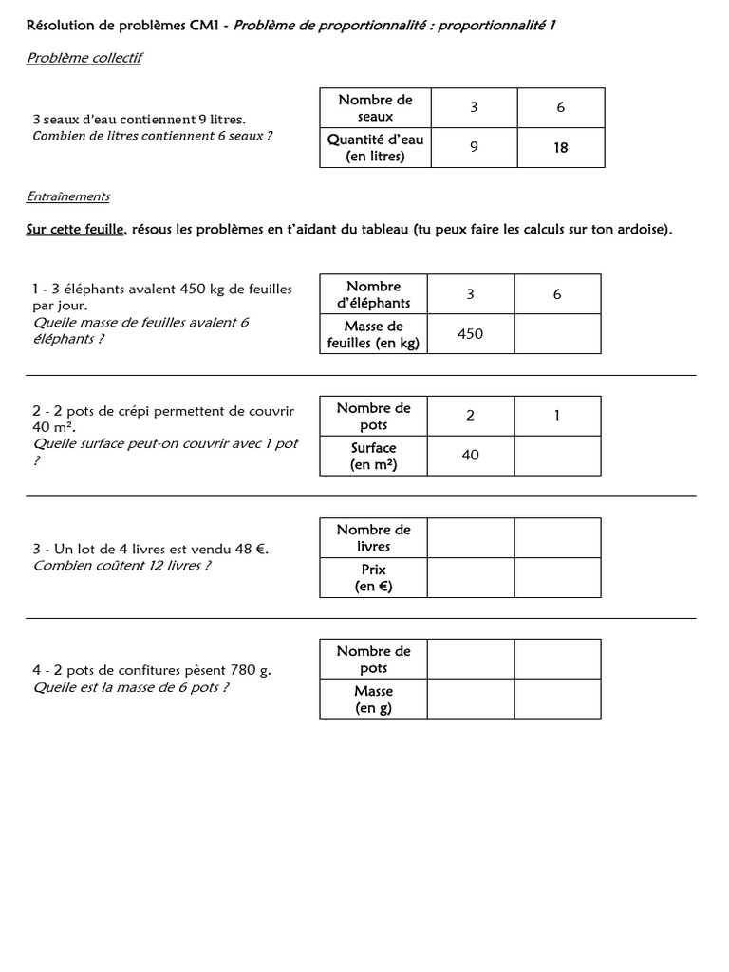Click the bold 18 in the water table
click(560, 148)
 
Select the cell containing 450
click(470, 334)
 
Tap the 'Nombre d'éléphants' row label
click(373, 294)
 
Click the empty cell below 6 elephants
click(557, 334)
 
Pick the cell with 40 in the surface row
click(470, 456)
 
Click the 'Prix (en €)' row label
click(373, 578)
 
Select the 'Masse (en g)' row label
click(373, 700)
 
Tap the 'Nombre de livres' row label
click(373, 537)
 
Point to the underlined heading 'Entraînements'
click(67, 196)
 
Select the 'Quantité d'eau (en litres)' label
click(375, 148)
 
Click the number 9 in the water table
click(473, 148)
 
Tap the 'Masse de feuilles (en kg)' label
click(373, 334)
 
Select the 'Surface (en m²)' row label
click(373, 456)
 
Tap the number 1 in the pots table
click(557, 416)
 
